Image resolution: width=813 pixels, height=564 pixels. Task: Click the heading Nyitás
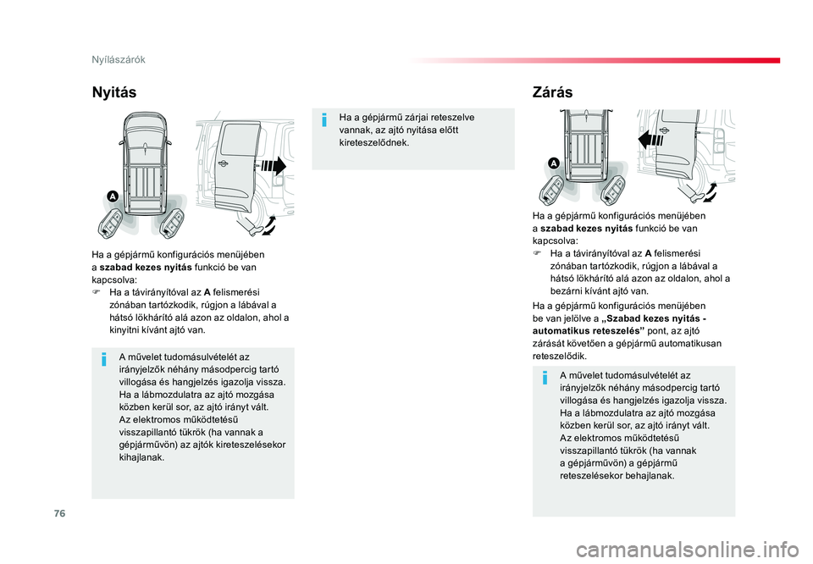point(114,92)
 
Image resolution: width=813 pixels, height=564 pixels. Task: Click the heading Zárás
point(552,92)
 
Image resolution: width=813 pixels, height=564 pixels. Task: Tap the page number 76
point(59,513)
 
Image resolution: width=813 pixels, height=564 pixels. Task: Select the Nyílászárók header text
point(119,59)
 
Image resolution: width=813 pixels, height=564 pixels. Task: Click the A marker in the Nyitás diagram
point(113,196)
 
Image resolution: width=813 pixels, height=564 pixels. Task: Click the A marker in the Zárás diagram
point(554,163)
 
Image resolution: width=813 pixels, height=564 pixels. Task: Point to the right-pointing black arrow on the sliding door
point(274,166)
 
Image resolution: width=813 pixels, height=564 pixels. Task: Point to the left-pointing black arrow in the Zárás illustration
point(650,140)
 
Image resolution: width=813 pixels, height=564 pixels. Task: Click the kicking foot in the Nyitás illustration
point(249,227)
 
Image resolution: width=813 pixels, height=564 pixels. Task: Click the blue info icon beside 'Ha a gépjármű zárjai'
point(324,119)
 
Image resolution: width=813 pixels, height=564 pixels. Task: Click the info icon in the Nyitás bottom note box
point(104,359)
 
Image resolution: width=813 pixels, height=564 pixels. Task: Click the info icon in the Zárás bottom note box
point(545,378)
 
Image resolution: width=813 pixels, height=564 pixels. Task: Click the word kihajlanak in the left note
point(141,458)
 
